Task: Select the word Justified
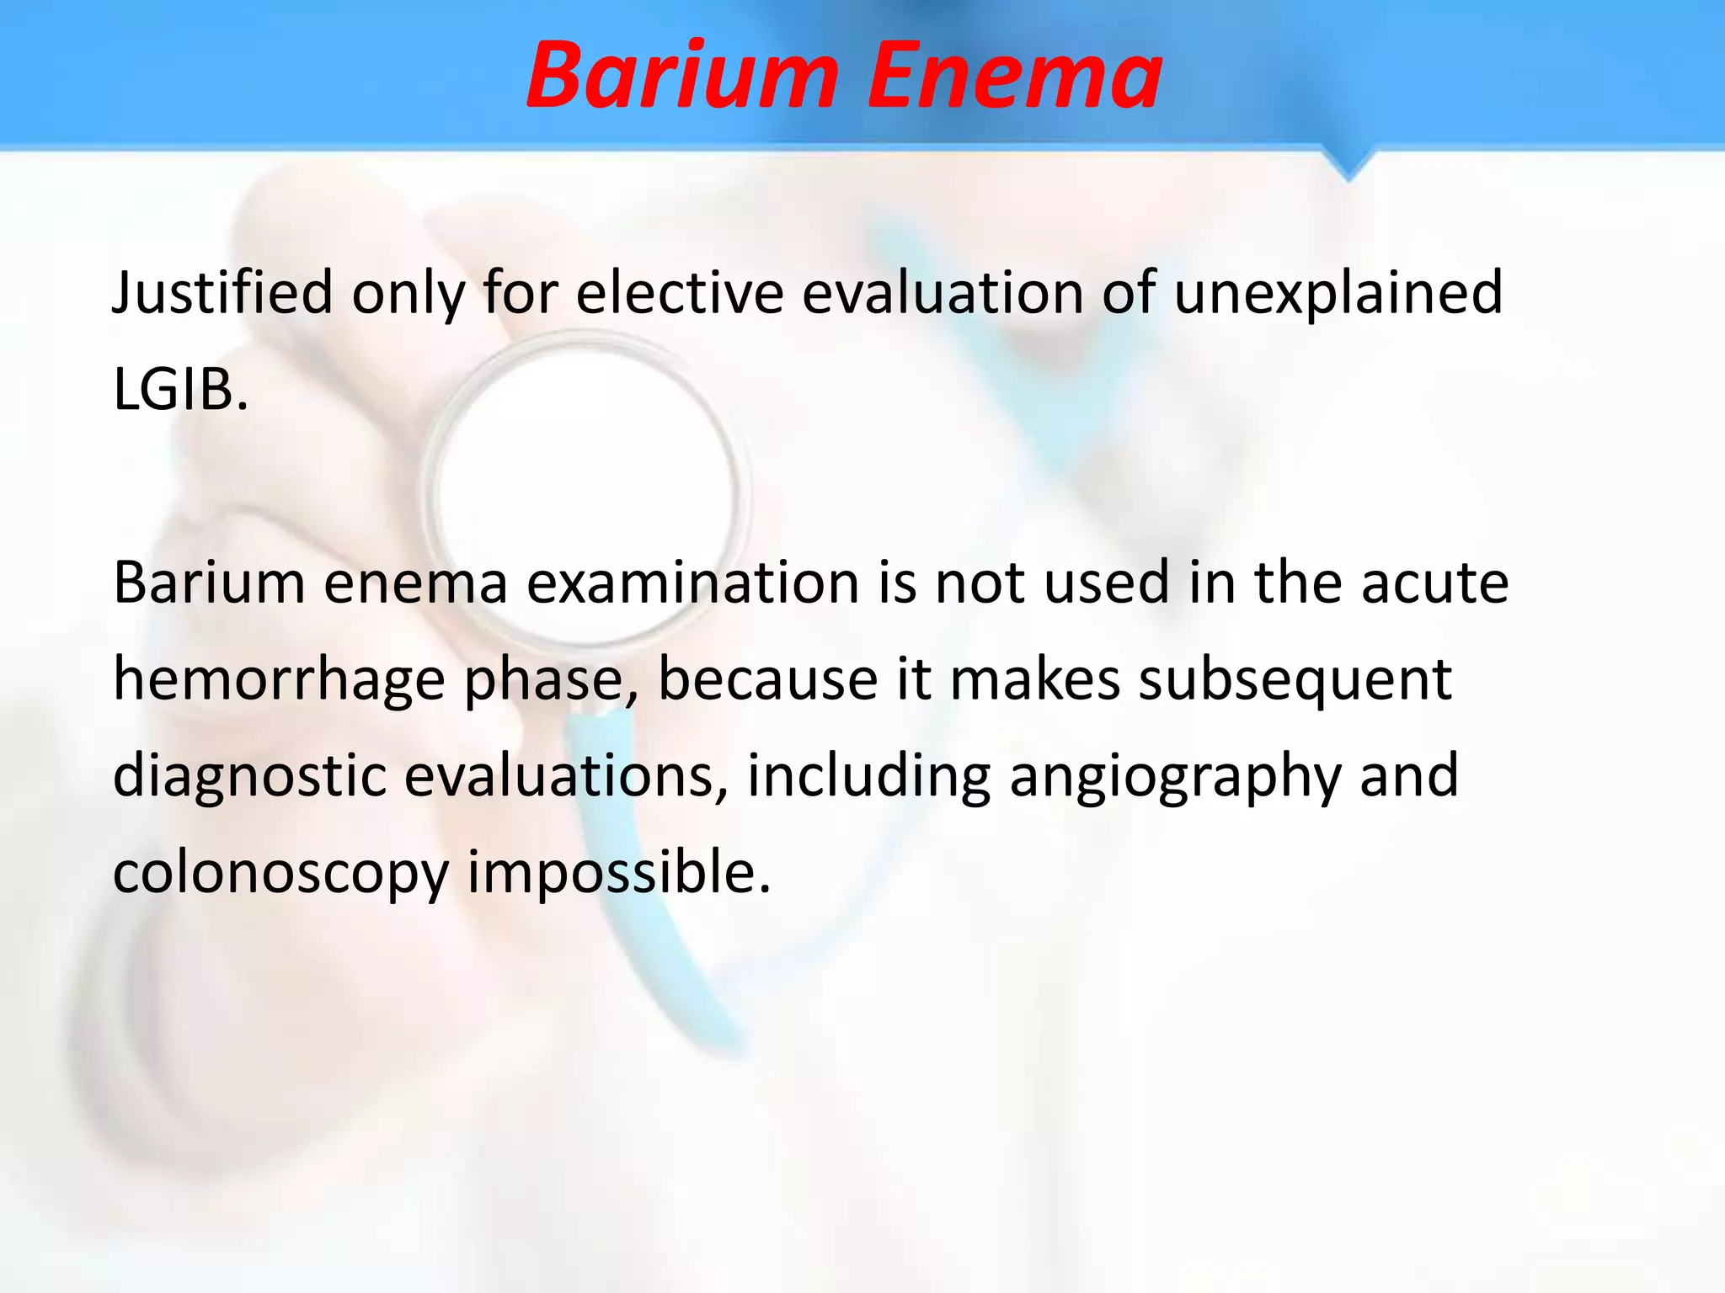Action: [222, 293]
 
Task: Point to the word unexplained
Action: [1338, 293]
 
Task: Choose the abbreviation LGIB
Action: [180, 390]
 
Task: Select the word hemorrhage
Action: [278, 680]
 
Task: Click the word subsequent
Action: [1295, 680]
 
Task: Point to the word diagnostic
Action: [249, 776]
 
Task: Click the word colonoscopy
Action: [280, 874]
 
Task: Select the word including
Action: [868, 776]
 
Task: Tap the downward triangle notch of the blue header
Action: [1348, 166]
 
